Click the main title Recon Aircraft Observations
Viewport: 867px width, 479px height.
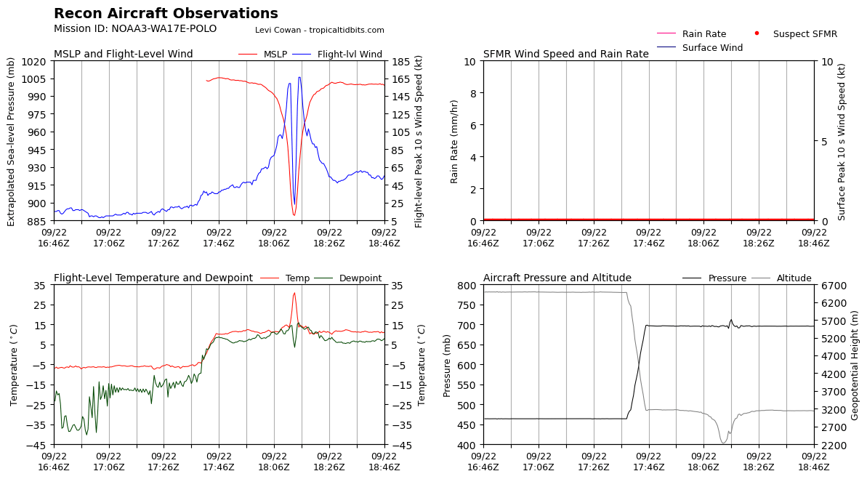tap(166, 13)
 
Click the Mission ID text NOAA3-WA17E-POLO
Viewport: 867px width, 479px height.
tap(164, 29)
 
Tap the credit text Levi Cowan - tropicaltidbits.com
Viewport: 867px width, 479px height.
tap(320, 30)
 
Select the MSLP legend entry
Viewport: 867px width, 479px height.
tap(262, 55)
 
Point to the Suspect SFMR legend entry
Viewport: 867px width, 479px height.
tap(796, 33)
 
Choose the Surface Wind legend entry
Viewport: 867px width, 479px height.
tap(699, 47)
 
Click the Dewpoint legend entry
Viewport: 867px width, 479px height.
tap(348, 278)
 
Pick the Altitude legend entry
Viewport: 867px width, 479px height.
tap(781, 278)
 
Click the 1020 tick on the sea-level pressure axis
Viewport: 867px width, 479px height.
tap(34, 61)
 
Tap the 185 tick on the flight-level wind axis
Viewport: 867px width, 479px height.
tap(400, 61)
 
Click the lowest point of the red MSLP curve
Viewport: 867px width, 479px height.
tap(294, 215)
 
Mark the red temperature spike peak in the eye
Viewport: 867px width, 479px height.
tap(294, 293)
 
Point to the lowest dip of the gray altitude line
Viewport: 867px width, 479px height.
tap(723, 443)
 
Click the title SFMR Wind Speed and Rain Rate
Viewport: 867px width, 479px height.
tap(565, 55)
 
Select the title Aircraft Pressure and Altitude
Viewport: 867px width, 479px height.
tap(557, 278)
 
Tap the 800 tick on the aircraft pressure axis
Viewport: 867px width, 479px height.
tap(467, 286)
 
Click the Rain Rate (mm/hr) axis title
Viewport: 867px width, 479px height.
tap(454, 142)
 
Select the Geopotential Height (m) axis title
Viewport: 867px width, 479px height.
tap(855, 365)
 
